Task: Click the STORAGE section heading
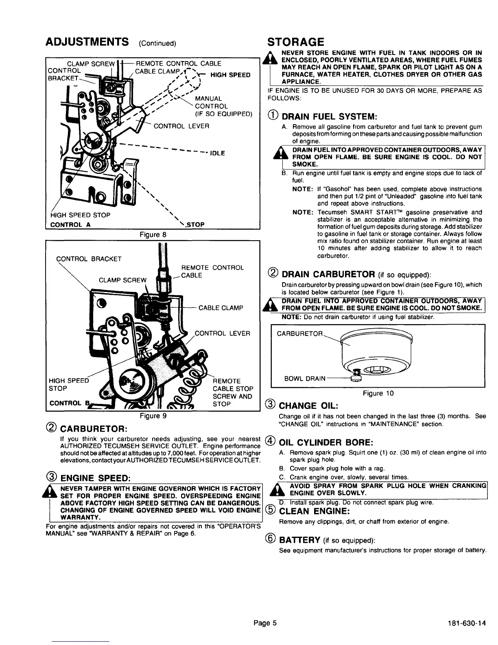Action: tap(295, 42)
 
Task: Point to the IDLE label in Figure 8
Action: tap(218, 153)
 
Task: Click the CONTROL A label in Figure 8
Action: tap(70, 224)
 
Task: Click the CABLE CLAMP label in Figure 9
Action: tap(221, 308)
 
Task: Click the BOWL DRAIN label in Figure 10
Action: tap(304, 378)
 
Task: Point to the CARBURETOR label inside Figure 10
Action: tap(299, 334)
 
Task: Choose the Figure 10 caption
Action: tap(378, 393)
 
